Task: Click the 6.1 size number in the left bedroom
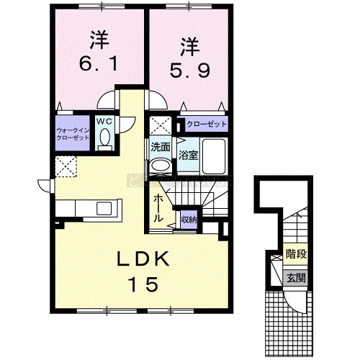99,64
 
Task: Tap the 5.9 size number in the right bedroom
190,71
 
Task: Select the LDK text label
143,258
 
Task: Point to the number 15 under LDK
143,284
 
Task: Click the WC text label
104,122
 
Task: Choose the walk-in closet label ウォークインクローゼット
73,134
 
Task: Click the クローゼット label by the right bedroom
207,124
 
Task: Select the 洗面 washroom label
161,147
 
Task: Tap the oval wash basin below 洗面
161,166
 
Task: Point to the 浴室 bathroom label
189,156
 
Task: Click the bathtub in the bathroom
214,156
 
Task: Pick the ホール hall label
158,208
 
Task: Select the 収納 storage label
189,220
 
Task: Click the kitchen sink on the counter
104,208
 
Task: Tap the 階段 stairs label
297,254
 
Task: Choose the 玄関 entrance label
297,278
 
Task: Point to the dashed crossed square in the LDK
66,166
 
